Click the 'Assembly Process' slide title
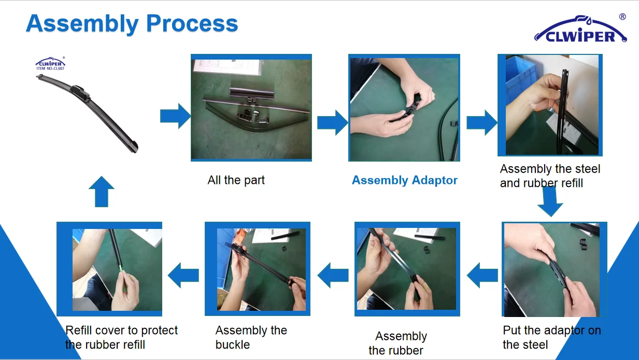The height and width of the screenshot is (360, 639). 132,24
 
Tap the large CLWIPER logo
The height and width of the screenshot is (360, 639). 580,30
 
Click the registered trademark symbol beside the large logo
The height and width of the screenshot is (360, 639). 622,17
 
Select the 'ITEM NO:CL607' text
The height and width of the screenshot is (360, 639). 50,68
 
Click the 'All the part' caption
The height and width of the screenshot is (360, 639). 236,180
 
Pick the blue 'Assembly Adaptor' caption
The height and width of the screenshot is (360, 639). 405,180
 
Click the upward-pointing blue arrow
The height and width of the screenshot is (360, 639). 102,192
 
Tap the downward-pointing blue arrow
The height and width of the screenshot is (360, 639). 550,201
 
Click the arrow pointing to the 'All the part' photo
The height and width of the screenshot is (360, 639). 175,116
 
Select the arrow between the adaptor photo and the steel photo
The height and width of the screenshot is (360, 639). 481,123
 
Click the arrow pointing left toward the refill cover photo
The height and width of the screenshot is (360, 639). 183,276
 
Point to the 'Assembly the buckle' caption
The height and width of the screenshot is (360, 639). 251,338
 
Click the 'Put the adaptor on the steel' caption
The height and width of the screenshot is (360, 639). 552,338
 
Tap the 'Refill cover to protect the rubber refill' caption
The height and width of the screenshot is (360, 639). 121,338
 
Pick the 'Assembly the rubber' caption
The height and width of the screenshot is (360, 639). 397,343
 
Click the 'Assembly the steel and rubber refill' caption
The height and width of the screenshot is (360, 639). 550,176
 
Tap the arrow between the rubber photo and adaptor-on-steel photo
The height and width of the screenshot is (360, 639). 482,276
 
